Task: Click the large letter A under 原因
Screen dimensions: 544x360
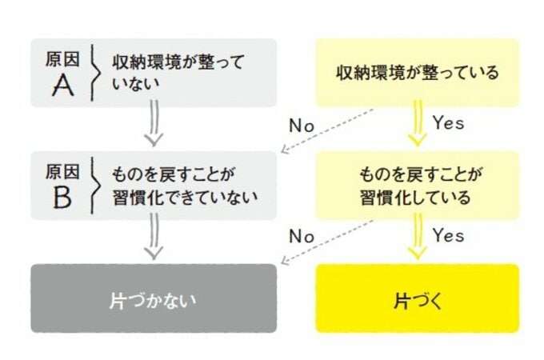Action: tap(63, 86)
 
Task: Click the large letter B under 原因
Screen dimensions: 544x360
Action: tap(62, 198)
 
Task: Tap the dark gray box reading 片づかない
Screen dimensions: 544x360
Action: tap(154, 298)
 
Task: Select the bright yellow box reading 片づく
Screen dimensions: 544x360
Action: tap(418, 298)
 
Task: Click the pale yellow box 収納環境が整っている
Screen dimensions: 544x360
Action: tap(418, 73)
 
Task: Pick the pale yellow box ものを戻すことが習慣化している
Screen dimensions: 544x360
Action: tap(418, 186)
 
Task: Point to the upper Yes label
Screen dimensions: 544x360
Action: tap(448, 122)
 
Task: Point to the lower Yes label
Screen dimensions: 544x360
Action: tap(448, 235)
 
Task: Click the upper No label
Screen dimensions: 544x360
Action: tap(302, 126)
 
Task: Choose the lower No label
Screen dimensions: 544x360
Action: tap(302, 237)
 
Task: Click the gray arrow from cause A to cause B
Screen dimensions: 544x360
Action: tap(154, 123)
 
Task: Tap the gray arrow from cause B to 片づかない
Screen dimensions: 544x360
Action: tap(154, 236)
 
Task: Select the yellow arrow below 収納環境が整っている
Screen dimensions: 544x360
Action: tap(418, 123)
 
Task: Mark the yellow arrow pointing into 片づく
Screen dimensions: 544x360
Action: tap(418, 236)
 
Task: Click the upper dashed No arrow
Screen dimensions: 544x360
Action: tap(327, 130)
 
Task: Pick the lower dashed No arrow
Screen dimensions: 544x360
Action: tap(327, 242)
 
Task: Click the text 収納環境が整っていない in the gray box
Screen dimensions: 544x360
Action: tap(178, 73)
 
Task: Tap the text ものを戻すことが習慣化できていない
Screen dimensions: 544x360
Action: tap(185, 186)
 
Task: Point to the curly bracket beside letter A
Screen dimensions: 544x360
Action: tap(94, 73)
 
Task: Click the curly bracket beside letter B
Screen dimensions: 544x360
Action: tap(94, 186)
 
